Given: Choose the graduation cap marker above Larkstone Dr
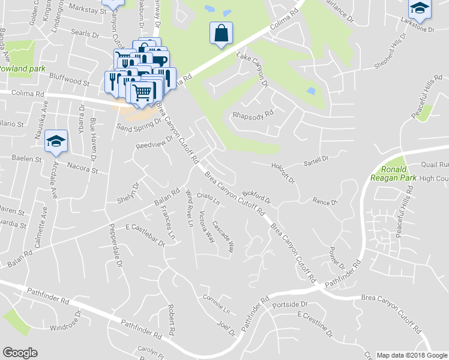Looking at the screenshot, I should tap(420, 8).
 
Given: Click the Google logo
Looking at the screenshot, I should tap(20, 353).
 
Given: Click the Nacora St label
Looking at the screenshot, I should tap(82, 166).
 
